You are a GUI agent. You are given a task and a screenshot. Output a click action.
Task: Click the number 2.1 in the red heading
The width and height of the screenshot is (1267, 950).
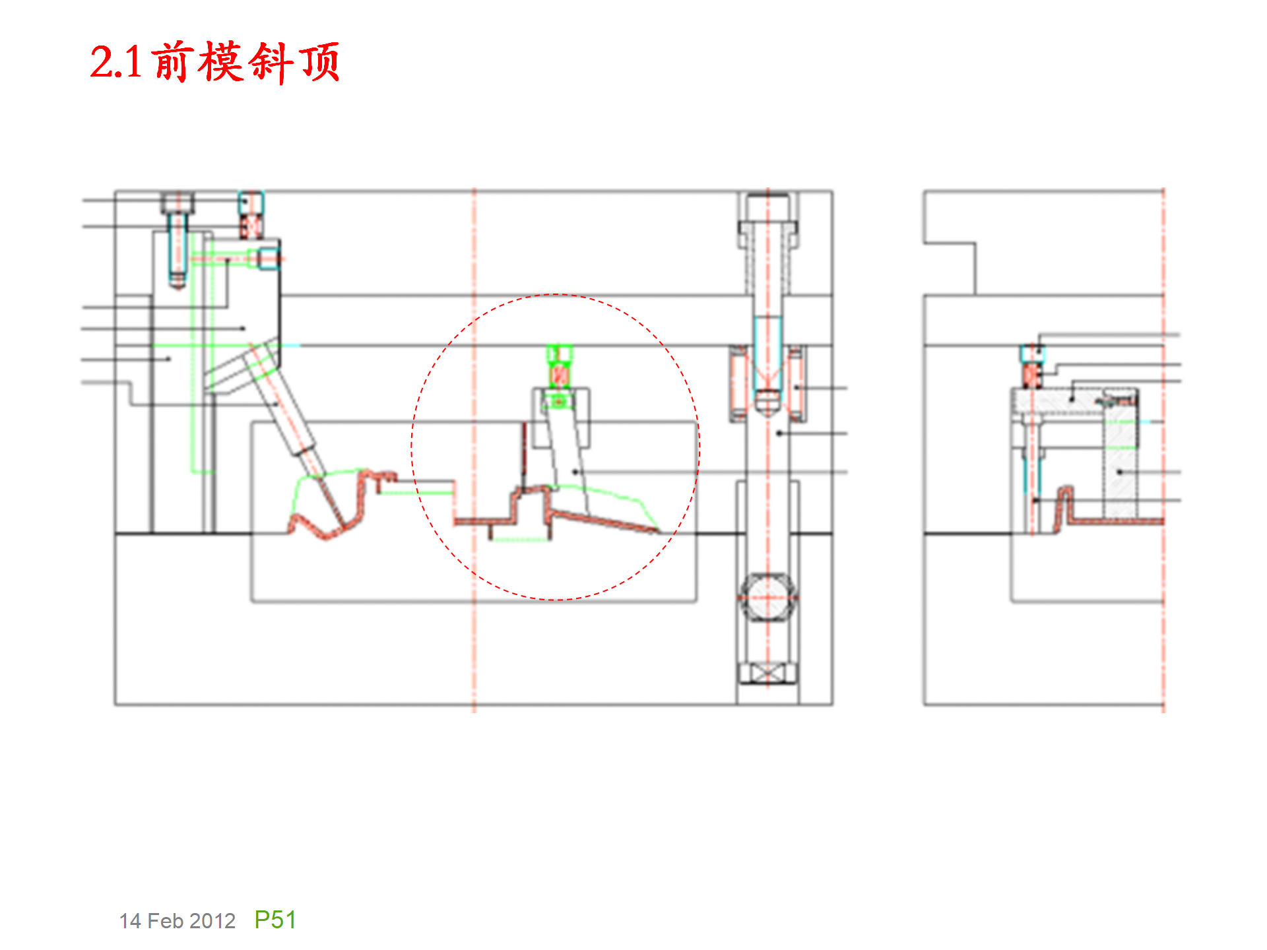tap(115, 63)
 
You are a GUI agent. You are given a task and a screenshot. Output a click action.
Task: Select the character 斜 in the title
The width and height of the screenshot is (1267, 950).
tap(271, 63)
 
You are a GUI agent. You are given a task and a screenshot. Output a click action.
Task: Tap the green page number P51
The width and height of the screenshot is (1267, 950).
tap(275, 920)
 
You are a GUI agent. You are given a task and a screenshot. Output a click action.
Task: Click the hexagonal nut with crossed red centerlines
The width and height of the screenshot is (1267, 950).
tap(767, 598)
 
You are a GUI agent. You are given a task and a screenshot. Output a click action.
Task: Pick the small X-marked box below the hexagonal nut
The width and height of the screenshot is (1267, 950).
tap(767, 674)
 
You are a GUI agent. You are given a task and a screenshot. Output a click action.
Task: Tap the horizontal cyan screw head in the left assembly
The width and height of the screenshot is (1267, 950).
tap(268, 258)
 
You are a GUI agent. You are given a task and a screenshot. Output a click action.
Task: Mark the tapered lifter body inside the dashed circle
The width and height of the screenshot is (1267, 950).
tap(568, 462)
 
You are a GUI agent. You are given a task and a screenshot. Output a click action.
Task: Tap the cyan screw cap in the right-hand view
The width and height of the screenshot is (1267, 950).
tap(1031, 354)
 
